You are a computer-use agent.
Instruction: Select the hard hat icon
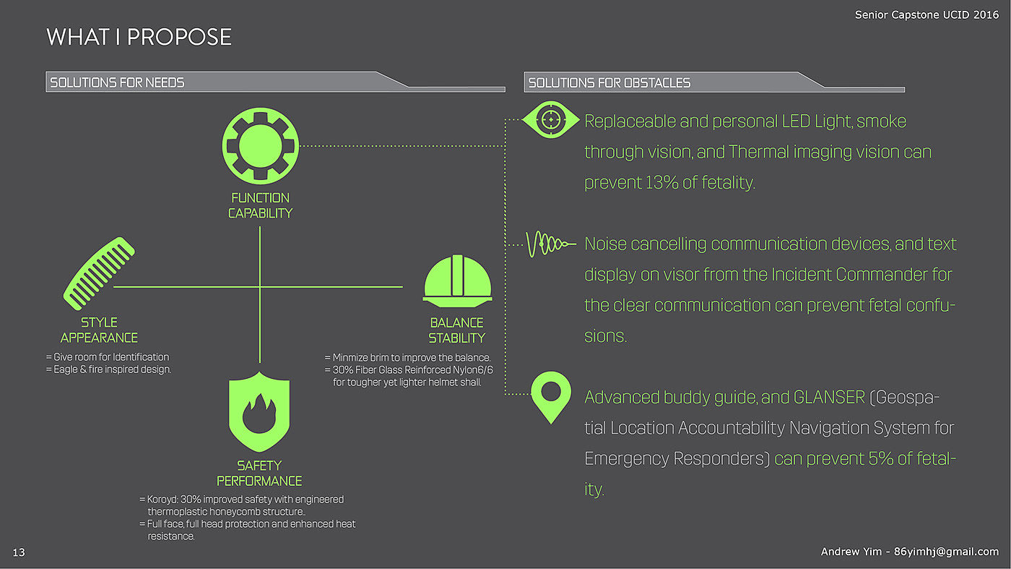(457, 281)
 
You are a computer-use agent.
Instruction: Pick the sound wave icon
(550, 244)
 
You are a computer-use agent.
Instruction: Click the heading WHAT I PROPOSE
(139, 37)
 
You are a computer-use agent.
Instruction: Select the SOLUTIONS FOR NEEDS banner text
(117, 82)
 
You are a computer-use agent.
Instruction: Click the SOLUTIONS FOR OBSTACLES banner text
(609, 82)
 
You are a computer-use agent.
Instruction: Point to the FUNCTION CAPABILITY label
(260, 205)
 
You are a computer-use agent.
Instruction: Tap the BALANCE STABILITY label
(456, 330)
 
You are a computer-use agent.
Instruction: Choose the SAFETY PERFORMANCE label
(259, 474)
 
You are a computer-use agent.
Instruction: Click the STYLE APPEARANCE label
(99, 330)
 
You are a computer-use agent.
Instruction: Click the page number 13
(19, 553)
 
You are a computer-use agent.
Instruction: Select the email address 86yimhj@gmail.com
(946, 552)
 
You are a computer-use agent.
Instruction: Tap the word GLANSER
(829, 397)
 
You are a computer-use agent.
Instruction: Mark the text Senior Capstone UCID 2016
(927, 14)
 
